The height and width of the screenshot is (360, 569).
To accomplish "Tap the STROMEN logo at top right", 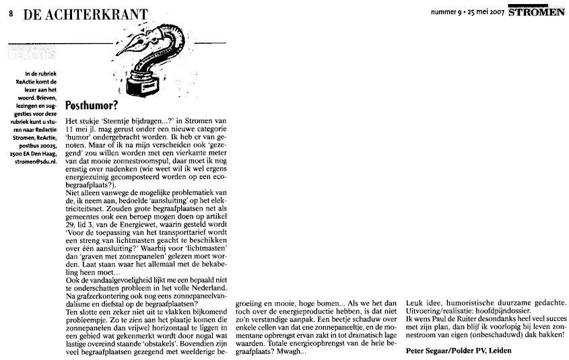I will click(536, 11).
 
